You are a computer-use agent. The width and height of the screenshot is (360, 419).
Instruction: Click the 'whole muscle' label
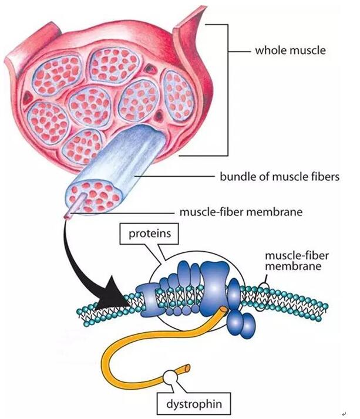tap(290, 50)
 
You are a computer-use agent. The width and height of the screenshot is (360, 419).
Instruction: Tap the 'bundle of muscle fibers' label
tap(279, 175)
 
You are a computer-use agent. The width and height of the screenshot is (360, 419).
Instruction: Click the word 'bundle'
tap(235, 175)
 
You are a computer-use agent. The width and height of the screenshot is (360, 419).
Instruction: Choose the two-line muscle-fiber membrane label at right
tap(294, 261)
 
